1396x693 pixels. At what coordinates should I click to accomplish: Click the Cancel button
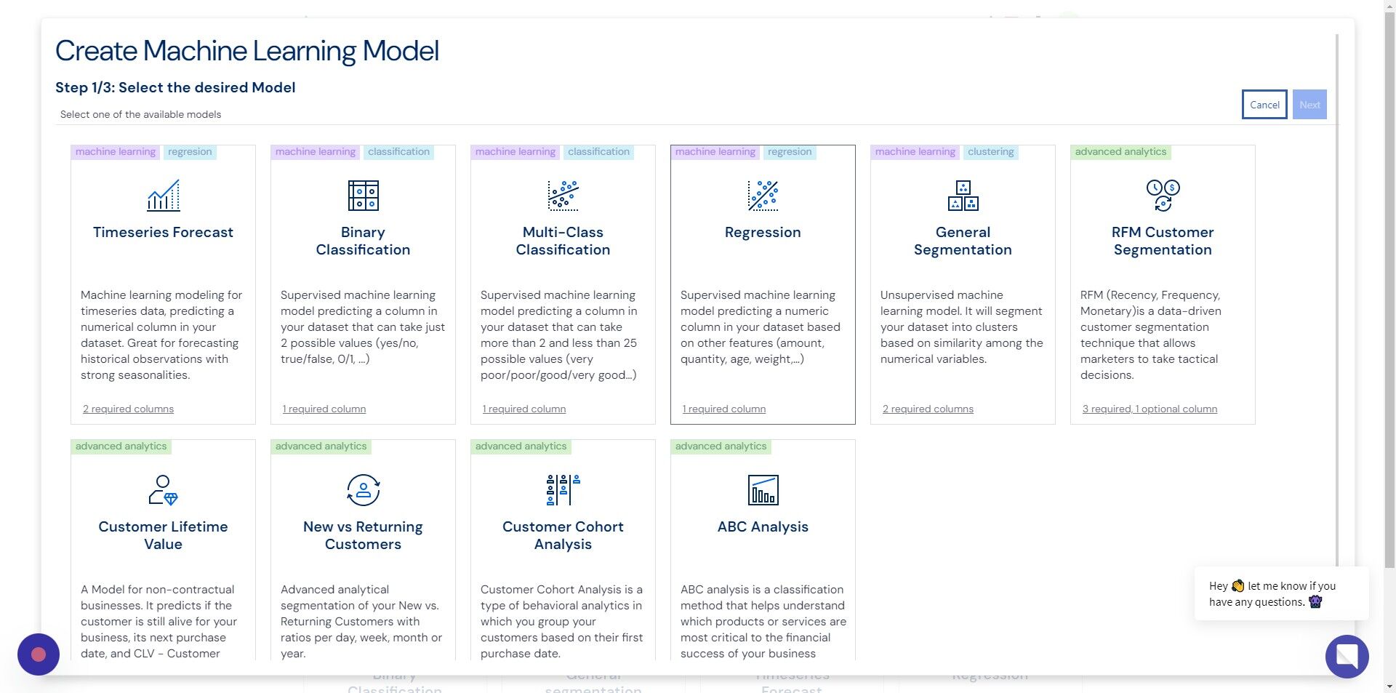(x=1264, y=105)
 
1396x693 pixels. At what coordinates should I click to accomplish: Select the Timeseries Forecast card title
(x=163, y=232)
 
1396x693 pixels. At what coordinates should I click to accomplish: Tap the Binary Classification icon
(x=363, y=196)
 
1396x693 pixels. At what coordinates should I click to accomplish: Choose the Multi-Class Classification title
(x=563, y=241)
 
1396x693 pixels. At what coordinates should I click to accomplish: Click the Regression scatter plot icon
(x=763, y=196)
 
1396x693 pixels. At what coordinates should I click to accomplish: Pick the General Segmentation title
(x=963, y=241)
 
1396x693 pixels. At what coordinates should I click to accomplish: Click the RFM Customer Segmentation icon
(x=1163, y=196)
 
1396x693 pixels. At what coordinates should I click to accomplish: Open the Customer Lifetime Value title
(x=163, y=535)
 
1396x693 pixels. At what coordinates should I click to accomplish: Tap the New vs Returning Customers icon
(x=363, y=490)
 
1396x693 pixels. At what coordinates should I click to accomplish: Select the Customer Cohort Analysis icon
(x=563, y=490)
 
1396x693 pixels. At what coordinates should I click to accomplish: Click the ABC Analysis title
(x=763, y=526)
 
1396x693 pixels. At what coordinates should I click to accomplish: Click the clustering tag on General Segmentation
(x=990, y=152)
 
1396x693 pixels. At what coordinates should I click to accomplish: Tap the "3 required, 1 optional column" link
(x=1150, y=409)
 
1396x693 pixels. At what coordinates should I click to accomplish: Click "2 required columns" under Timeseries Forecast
(x=128, y=409)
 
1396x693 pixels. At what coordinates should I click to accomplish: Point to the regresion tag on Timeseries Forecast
(x=190, y=152)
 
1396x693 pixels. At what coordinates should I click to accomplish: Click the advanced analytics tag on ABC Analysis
(x=721, y=446)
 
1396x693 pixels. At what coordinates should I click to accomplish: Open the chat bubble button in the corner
(x=1347, y=656)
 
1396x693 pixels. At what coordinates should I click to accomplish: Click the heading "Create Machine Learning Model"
(x=247, y=51)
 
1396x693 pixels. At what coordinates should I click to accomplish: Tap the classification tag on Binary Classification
(x=398, y=152)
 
